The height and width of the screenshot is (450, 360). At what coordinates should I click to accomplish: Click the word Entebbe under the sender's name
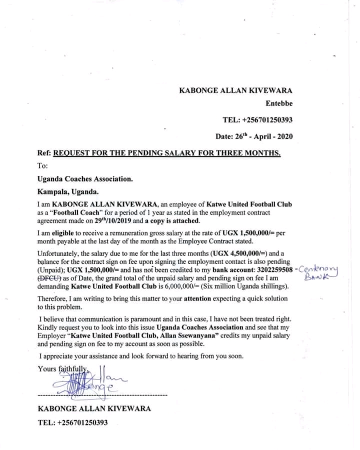click(x=279, y=104)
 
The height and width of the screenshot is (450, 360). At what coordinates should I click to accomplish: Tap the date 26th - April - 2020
click(x=254, y=136)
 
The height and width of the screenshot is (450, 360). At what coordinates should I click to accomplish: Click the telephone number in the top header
click(x=257, y=120)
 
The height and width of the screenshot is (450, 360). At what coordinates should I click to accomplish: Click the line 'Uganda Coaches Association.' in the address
click(x=85, y=178)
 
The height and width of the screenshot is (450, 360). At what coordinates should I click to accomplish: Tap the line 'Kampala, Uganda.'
click(x=68, y=191)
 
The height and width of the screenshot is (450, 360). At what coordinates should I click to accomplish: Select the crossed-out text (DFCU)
click(x=49, y=278)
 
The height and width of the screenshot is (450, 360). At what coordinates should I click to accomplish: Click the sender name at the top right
click(x=235, y=90)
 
